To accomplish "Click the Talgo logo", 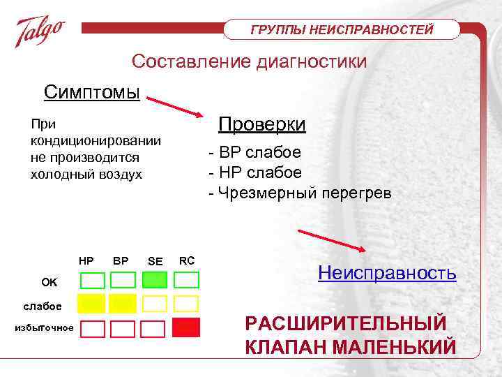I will click(x=40, y=31).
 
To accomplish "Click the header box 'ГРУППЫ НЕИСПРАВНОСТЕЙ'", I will click(x=342, y=29).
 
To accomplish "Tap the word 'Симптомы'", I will click(x=91, y=92).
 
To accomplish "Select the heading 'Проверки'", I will click(x=261, y=124).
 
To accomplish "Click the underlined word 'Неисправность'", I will click(x=387, y=272).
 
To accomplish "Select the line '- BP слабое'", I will click(x=254, y=153).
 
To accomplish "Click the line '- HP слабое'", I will click(x=254, y=172).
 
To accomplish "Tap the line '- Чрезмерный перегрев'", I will click(x=300, y=192).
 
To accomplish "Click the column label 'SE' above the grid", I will click(x=155, y=261).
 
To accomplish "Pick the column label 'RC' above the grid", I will click(x=187, y=260).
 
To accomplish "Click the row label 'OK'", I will click(x=50, y=282).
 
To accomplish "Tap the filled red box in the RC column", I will click(x=186, y=327).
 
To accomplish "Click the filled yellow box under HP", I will click(x=91, y=304).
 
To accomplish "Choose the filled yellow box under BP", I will click(x=123, y=304).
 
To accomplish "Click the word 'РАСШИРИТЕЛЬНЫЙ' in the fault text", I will click(x=345, y=324).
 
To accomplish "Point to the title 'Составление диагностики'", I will click(x=250, y=61).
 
